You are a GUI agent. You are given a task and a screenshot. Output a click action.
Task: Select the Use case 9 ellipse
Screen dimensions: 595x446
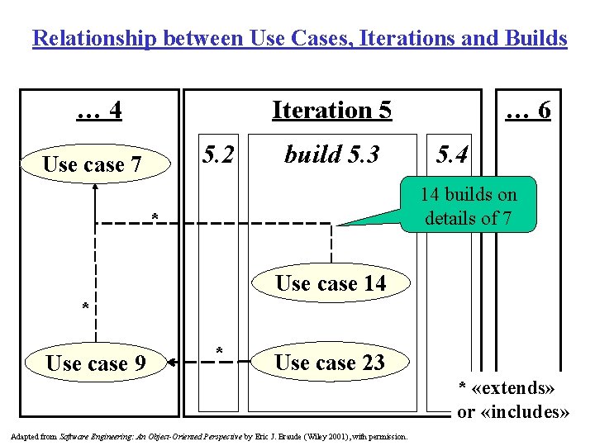click(x=96, y=363)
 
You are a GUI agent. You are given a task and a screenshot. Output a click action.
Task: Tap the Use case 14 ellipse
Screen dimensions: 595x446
click(x=331, y=283)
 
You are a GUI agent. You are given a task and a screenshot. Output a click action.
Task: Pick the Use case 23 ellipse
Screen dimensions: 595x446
click(x=331, y=363)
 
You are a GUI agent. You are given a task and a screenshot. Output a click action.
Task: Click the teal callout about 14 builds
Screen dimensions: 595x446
click(x=468, y=206)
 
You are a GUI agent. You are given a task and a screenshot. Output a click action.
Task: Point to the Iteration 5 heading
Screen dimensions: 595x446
click(x=331, y=110)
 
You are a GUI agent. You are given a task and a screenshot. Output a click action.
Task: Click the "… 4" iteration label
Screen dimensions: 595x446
click(x=99, y=110)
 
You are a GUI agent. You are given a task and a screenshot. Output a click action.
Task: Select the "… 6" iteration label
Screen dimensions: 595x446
click(x=528, y=110)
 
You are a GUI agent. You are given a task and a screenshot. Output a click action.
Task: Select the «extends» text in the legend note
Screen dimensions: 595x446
click(x=519, y=387)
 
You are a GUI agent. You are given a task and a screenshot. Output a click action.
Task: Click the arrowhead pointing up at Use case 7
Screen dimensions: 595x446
click(x=96, y=187)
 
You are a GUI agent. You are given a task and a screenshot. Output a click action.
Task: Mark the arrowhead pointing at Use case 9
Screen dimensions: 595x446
click(x=172, y=361)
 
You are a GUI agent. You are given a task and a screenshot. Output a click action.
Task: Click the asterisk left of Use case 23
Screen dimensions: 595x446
click(x=219, y=350)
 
